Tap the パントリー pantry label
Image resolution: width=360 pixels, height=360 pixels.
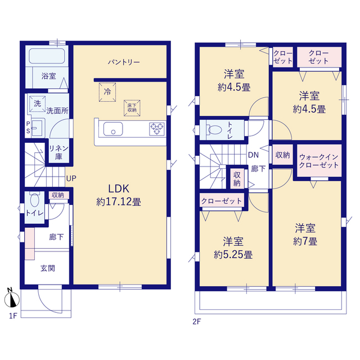[x=124, y=62]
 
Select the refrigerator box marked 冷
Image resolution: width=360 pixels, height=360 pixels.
[x=107, y=92]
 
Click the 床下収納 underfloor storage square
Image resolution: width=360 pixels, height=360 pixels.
[x=132, y=108]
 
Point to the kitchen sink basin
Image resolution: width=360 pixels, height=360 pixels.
[x=113, y=129]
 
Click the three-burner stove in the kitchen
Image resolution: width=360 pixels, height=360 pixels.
[x=157, y=129]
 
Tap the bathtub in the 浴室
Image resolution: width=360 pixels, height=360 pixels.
[x=47, y=56]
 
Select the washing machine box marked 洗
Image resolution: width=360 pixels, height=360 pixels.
[x=38, y=103]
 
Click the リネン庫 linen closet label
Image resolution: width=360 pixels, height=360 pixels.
[x=58, y=152]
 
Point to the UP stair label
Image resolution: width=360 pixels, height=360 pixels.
[x=71, y=178]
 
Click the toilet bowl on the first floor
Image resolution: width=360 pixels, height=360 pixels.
[x=35, y=199]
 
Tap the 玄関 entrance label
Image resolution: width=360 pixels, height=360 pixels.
[x=47, y=268]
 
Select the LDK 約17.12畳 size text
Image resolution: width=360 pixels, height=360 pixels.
[x=119, y=195]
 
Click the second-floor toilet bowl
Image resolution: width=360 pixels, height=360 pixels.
[x=214, y=130]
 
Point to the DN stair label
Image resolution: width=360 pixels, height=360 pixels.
[x=253, y=155]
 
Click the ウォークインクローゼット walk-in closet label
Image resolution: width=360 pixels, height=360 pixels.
[x=319, y=161]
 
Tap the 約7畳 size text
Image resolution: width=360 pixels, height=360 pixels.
[x=305, y=241]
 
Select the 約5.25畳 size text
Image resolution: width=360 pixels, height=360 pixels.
[x=233, y=255]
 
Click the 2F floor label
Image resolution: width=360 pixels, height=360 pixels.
[x=197, y=322]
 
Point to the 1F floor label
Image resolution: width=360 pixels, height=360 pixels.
[x=13, y=316]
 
